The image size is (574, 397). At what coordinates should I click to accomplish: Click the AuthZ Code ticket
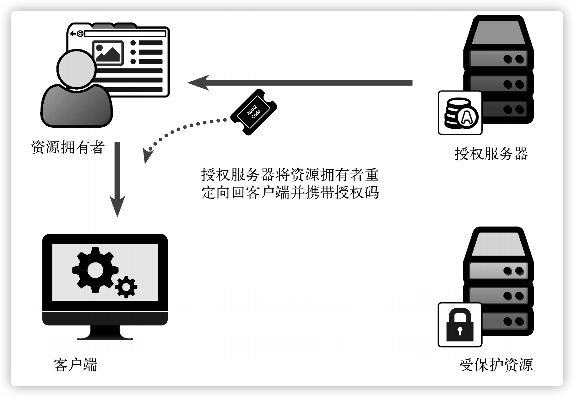tap(254, 112)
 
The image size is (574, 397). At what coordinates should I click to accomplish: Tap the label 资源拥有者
tap(68, 147)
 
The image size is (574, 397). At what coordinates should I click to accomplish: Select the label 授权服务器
tap(491, 154)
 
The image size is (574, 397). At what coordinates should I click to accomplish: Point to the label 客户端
tap(75, 365)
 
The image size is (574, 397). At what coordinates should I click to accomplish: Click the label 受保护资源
tap(496, 365)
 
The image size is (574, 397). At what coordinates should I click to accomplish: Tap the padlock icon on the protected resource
tap(460, 325)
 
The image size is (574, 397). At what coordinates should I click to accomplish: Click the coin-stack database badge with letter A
tap(460, 113)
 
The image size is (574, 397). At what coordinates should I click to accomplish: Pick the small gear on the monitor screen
tap(126, 287)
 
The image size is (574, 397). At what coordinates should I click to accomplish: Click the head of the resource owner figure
tap(77, 69)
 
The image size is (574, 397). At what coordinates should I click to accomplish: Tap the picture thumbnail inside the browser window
tap(108, 53)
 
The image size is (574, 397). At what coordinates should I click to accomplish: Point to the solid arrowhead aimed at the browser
tap(198, 82)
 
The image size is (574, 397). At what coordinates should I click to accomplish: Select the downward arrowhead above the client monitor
tap(117, 205)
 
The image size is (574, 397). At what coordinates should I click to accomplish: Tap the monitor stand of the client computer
tap(105, 332)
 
